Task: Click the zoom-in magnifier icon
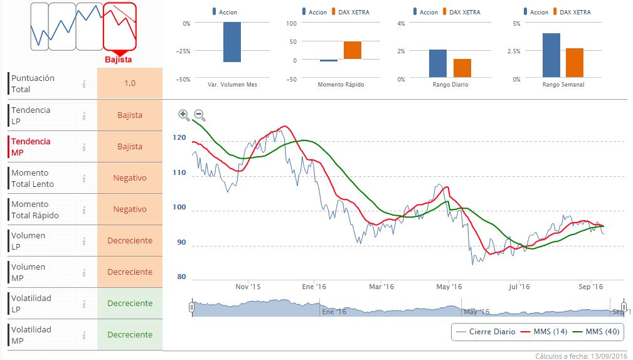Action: pos(183,114)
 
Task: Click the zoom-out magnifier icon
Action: pos(199,114)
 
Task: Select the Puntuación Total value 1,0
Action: pos(130,83)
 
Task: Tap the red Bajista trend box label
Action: pos(119,60)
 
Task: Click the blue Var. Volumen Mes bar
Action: pos(232,42)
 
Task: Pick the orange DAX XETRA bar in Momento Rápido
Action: pos(353,50)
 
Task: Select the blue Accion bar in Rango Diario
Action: pos(438,63)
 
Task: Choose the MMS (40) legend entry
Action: pos(597,332)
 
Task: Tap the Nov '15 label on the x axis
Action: pos(248,287)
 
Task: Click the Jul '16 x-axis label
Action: pos(519,287)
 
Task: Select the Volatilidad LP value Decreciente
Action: pos(130,303)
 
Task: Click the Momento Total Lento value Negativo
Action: pos(130,177)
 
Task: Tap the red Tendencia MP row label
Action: pos(31,147)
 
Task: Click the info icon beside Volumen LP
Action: pos(83,241)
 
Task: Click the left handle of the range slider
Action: pos(191,307)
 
